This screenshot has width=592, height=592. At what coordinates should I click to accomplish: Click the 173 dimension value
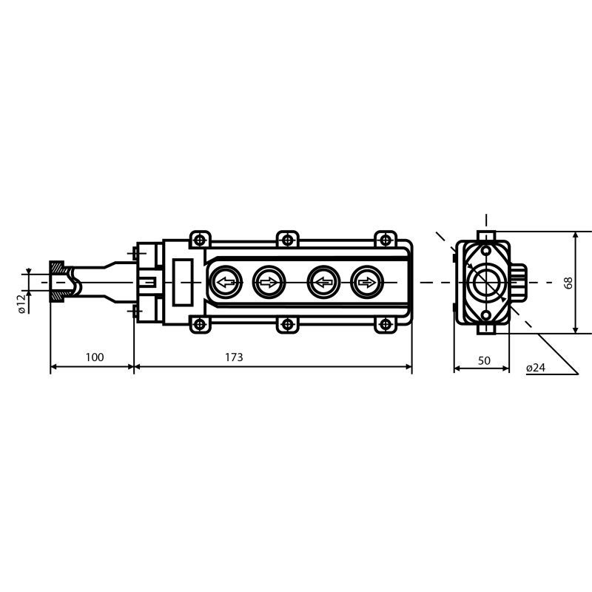tap(234, 357)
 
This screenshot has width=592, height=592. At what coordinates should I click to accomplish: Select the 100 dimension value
tap(95, 357)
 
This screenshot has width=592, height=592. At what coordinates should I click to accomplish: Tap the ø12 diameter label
tap(21, 304)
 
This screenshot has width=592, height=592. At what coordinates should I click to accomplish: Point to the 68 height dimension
tap(568, 283)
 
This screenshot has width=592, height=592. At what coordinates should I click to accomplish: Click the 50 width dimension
tap(484, 361)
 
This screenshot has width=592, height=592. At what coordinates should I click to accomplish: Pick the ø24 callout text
tap(536, 368)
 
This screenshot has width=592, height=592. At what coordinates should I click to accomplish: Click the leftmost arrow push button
tap(226, 283)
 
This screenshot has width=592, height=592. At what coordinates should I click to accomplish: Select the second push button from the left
tap(269, 283)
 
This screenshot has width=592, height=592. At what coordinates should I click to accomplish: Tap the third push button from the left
tap(323, 283)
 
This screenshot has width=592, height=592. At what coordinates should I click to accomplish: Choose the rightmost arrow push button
tap(367, 283)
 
